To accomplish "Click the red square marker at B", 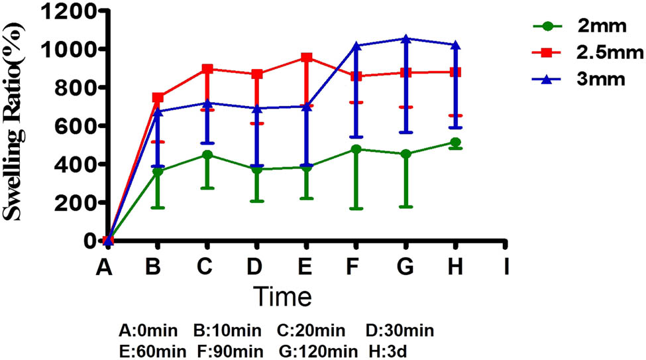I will tap(158, 97).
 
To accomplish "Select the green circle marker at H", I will tap(455, 143).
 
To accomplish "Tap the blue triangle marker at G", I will tap(405, 38).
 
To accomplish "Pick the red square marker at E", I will tap(306, 58).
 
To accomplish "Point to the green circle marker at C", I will tap(207, 155).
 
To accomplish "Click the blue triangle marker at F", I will tap(356, 46).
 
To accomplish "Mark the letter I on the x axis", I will tap(506, 267).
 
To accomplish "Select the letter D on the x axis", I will tap(253, 267).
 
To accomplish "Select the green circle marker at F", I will tap(356, 149).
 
